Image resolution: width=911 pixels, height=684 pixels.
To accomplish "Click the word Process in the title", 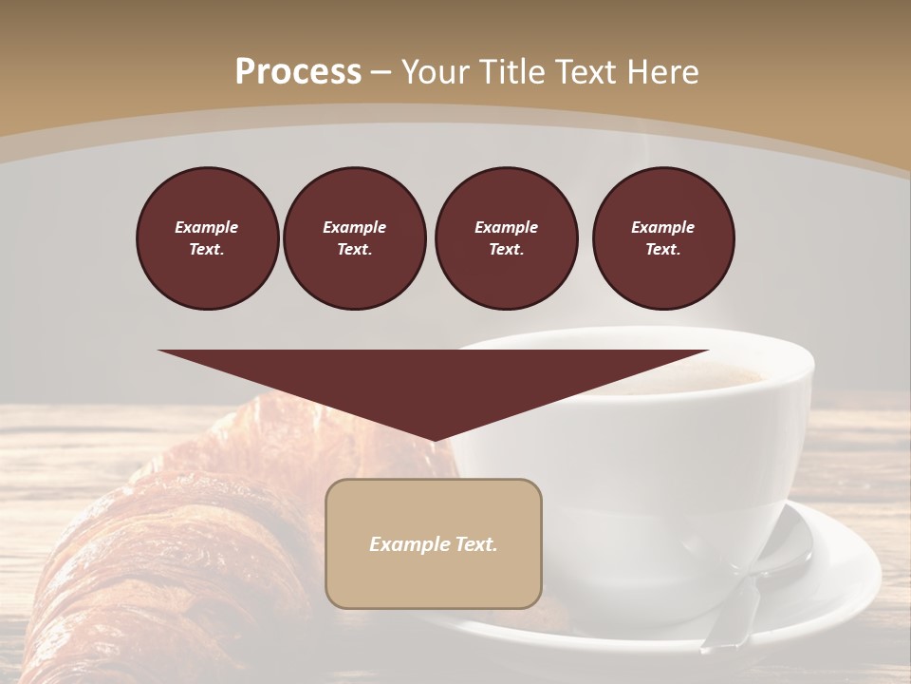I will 298,72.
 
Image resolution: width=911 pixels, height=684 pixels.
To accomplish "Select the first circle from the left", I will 208,238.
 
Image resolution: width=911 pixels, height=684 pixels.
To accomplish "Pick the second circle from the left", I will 355,238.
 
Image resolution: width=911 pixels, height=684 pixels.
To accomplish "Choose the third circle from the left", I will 507,238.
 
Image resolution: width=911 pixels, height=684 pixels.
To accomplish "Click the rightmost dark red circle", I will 663,238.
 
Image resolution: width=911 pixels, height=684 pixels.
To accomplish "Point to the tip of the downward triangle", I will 434,440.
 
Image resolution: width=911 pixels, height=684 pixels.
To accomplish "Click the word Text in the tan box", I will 474,544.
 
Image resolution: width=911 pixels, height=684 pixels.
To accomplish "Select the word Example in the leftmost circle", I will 207,227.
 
